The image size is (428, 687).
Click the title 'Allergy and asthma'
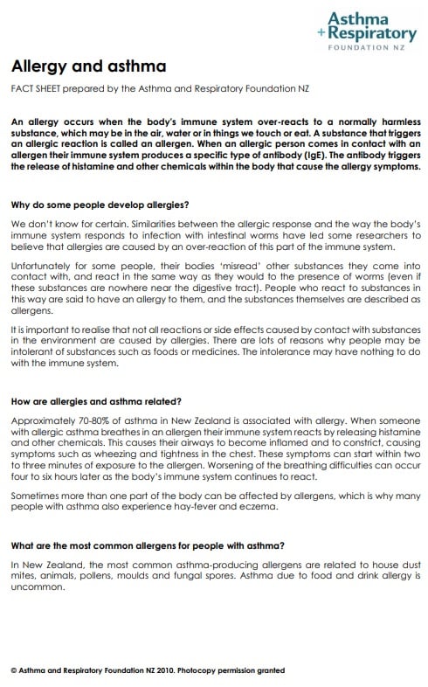pyautogui.click(x=87, y=66)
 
